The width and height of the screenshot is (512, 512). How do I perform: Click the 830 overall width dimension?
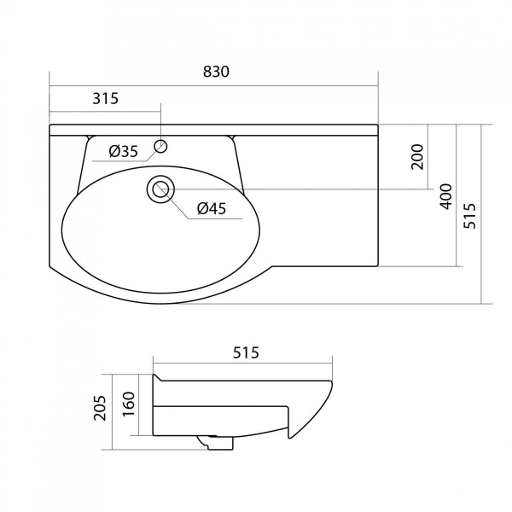(x=216, y=72)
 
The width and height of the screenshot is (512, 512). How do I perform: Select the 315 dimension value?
(x=106, y=98)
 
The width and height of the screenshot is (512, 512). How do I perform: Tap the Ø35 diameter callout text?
(x=124, y=151)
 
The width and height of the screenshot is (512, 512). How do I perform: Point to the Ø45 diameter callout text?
(x=212, y=208)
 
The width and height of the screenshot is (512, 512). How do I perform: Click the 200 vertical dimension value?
(x=417, y=157)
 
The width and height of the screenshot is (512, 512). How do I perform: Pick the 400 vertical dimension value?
(x=446, y=196)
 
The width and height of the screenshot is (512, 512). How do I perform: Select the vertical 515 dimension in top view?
(x=470, y=216)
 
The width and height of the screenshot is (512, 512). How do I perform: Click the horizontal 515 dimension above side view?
(x=246, y=352)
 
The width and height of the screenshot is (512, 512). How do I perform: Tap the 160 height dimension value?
(x=130, y=404)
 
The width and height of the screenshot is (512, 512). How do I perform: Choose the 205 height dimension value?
(x=100, y=408)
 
